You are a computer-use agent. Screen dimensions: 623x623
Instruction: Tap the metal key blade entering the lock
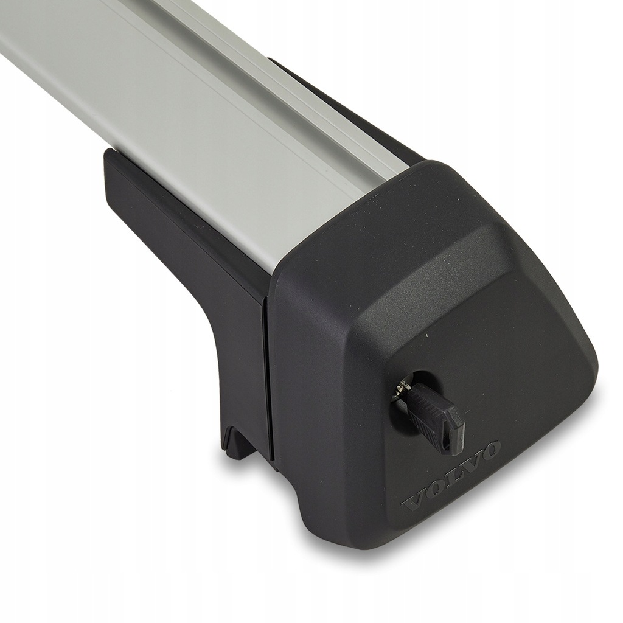point(403,388)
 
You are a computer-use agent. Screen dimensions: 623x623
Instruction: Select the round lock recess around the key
point(413,391)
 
